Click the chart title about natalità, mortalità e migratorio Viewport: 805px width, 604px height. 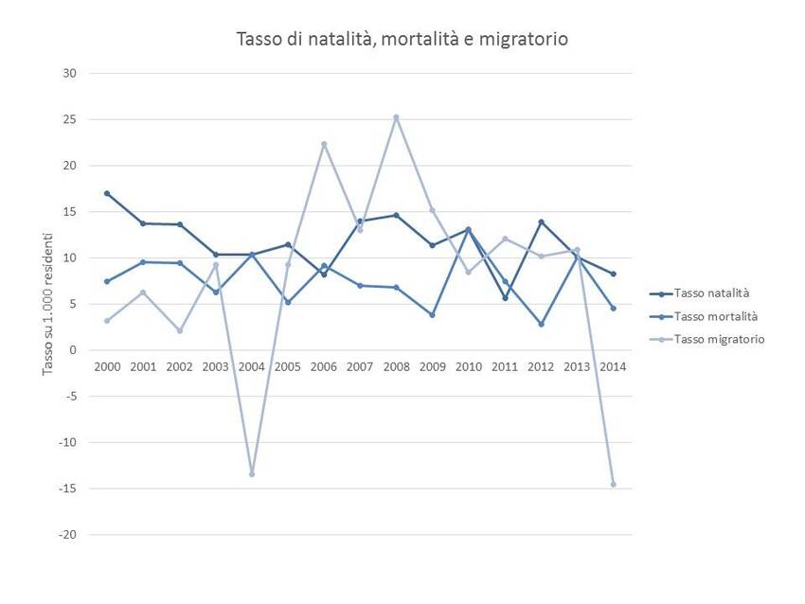point(402,39)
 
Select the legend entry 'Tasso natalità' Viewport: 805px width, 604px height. point(710,293)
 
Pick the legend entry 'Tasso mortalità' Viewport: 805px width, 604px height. point(714,316)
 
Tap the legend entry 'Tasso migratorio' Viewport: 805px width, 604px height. point(718,339)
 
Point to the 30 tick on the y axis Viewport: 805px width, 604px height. point(70,73)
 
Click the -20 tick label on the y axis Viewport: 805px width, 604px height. point(68,535)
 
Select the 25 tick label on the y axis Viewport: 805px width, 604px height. point(70,119)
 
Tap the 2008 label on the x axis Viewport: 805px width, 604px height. point(396,366)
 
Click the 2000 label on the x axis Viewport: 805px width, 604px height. point(107,366)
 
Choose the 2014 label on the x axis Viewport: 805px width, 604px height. point(613,366)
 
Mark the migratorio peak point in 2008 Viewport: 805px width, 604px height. point(396,117)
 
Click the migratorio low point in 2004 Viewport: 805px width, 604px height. point(252,473)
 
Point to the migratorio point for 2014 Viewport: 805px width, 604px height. point(614,484)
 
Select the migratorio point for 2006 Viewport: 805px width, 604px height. point(324,144)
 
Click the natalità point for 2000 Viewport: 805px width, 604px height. point(107,193)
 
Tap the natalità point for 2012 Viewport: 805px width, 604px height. point(542,222)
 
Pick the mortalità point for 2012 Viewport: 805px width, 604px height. point(542,324)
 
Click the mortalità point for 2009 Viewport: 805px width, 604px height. point(432,314)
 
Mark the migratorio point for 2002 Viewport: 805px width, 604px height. point(179,330)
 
